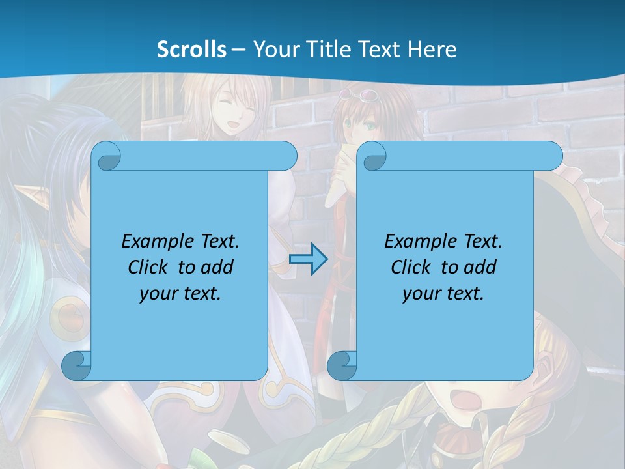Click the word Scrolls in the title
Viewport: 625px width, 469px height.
(x=192, y=50)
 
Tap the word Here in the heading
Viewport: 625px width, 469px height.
(x=432, y=50)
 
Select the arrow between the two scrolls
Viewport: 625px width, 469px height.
(x=308, y=259)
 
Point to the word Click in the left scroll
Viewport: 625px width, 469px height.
(x=150, y=267)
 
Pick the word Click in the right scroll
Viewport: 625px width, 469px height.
(x=413, y=267)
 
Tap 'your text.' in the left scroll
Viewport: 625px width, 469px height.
(x=180, y=293)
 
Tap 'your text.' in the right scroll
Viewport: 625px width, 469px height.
(x=443, y=293)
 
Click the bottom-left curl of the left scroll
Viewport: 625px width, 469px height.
(x=76, y=365)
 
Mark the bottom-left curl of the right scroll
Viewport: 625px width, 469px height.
(x=341, y=365)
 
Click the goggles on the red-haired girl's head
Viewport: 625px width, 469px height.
(x=367, y=96)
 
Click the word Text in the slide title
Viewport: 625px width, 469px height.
(x=379, y=50)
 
